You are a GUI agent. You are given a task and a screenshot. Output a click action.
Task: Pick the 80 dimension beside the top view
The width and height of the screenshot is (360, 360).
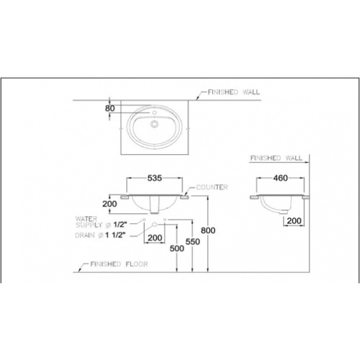pyautogui.click(x=109, y=109)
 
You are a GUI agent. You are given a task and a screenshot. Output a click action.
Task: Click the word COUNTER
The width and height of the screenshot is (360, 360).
pyautogui.click(x=212, y=187)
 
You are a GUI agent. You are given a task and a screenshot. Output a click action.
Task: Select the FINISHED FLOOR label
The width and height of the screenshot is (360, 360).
pyautogui.click(x=118, y=265)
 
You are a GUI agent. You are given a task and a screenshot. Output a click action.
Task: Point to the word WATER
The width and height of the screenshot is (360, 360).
pyautogui.click(x=86, y=215)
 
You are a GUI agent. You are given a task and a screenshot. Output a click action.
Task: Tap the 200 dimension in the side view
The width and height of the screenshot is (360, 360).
pyautogui.click(x=293, y=221)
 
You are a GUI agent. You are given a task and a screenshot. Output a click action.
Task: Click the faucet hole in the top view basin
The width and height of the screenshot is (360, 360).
pyautogui.click(x=152, y=113)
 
